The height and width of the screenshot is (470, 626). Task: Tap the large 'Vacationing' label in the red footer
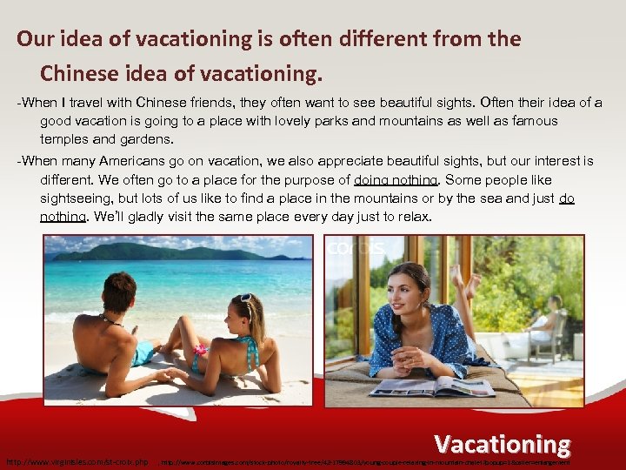[x=503, y=444]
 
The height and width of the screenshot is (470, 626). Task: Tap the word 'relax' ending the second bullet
[x=411, y=217]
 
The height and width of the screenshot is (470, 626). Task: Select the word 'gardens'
[x=145, y=138]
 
